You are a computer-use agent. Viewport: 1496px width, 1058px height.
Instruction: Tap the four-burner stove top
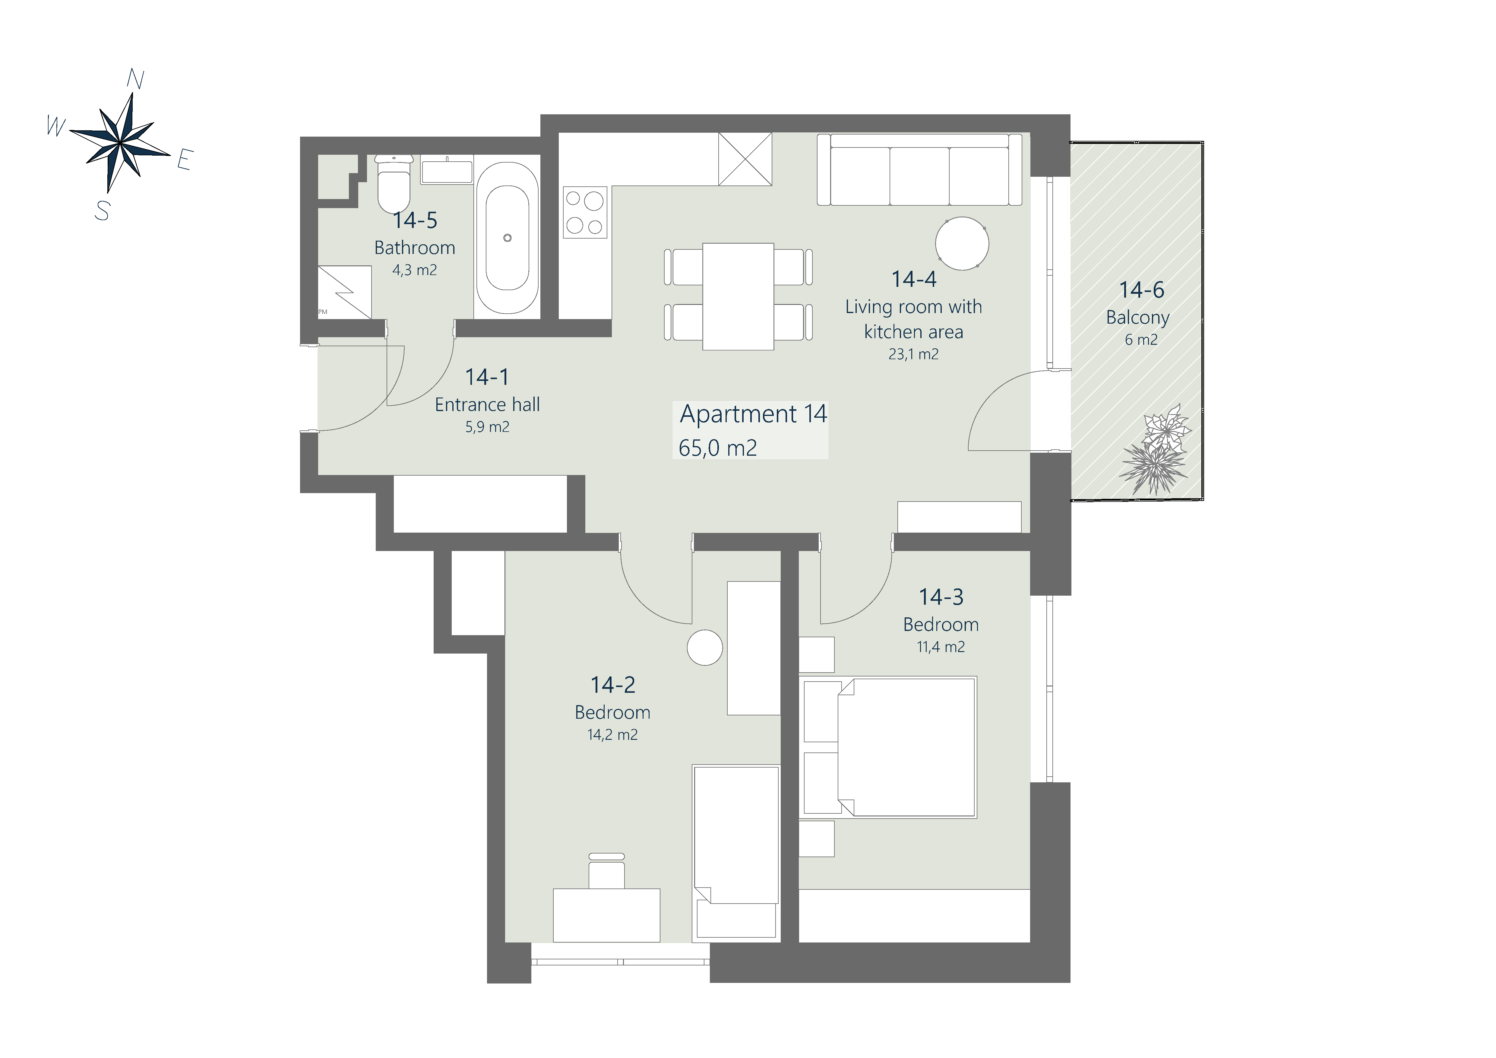coord(585,212)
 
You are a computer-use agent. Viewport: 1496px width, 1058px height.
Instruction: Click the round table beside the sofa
coord(962,244)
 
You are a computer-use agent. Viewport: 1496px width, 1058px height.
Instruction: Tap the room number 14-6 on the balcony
coord(1142,290)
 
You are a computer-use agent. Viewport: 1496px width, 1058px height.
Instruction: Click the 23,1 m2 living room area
coord(913,354)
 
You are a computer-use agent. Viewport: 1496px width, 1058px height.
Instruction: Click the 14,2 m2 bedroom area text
coord(612,735)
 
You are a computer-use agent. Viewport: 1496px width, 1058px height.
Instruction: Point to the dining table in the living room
coord(738,296)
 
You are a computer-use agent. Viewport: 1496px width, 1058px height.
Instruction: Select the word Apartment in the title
coord(738,414)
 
